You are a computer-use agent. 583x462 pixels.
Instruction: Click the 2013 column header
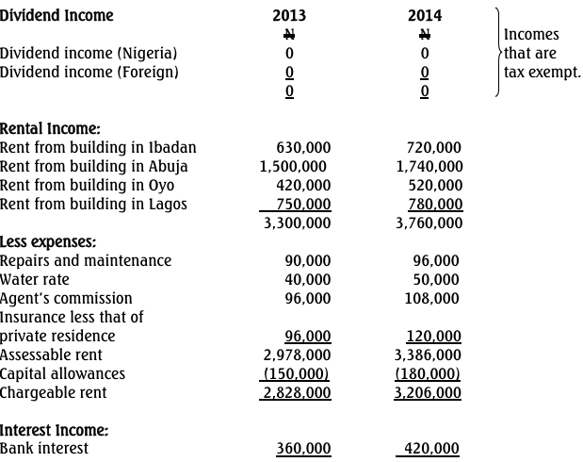[289, 15]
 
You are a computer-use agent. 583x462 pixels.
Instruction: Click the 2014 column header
[425, 15]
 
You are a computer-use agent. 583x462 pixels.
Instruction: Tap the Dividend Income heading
[57, 15]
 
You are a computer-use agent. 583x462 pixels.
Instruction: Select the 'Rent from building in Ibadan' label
[98, 147]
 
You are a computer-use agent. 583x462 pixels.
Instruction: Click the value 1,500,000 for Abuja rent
[293, 166]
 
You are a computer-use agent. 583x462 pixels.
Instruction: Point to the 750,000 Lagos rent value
[303, 204]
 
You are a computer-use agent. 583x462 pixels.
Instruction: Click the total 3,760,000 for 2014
[429, 223]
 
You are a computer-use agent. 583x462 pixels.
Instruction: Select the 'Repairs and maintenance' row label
[86, 260]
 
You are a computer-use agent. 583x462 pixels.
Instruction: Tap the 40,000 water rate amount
[307, 279]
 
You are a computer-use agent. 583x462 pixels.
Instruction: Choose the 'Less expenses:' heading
[48, 241]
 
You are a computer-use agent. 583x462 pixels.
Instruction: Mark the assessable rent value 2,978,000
[297, 355]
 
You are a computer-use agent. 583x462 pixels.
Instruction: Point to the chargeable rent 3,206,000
[429, 392]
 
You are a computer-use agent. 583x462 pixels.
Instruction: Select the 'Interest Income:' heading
[54, 430]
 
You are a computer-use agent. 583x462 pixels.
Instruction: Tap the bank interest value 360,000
[303, 449]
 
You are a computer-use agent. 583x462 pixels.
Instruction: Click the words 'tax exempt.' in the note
[543, 72]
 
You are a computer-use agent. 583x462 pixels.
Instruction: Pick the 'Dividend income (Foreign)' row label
[89, 72]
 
